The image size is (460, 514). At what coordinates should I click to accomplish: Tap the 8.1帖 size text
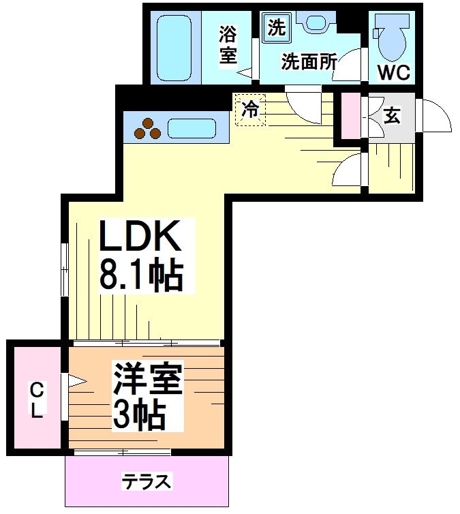(x=141, y=276)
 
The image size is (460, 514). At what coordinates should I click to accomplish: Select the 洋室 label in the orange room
(x=148, y=379)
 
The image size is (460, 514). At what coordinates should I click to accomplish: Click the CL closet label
(x=36, y=400)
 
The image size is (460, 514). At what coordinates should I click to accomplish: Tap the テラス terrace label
(x=146, y=482)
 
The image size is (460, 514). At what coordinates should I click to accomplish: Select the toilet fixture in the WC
(x=392, y=39)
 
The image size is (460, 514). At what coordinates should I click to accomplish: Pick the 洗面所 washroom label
(x=309, y=63)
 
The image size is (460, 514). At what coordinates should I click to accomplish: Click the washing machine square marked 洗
(x=277, y=28)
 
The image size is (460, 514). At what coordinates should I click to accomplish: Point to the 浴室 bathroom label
(x=228, y=44)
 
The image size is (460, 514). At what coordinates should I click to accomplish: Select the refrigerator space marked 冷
(x=250, y=110)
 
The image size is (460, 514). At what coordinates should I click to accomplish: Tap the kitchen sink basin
(x=191, y=128)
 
